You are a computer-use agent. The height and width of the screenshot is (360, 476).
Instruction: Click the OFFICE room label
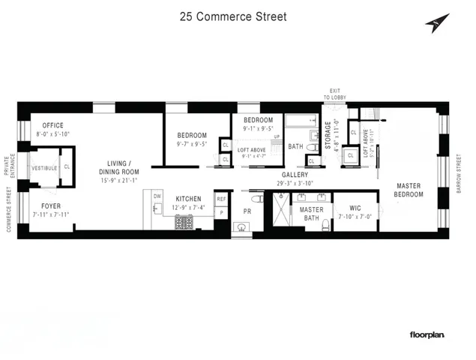52,124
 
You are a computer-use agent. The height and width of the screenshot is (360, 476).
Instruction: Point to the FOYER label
51,205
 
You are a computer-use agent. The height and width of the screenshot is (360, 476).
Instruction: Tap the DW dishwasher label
157,196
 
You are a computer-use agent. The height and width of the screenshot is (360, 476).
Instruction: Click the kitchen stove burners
184,221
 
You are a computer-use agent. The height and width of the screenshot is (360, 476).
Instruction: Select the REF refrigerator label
221,199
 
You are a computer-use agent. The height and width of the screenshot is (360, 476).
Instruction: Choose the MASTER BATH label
311,214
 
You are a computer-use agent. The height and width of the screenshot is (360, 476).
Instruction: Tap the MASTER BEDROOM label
409,190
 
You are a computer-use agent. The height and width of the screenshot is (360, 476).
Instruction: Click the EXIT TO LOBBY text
334,94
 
